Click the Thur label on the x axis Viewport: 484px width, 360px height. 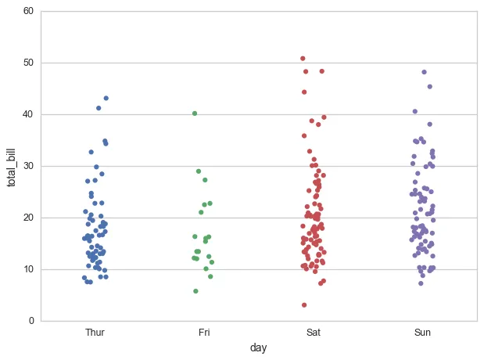pos(95,333)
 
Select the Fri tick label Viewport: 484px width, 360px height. pos(204,333)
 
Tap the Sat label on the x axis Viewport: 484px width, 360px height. pos(314,333)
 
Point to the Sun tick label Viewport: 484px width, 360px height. pos(422,333)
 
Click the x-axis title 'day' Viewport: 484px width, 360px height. pos(259,347)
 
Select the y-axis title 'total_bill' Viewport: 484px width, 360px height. pos(12,166)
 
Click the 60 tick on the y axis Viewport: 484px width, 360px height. pos(28,11)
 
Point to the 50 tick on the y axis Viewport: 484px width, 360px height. pos(28,63)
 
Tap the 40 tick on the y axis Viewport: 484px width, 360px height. pos(28,114)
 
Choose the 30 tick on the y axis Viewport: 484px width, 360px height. pos(28,166)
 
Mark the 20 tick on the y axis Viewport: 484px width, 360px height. pos(28,218)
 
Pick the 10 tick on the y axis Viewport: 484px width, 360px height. pos(28,269)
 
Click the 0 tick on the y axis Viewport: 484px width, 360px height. pos(31,321)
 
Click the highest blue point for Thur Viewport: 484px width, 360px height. pos(106,99)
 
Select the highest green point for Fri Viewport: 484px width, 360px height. pos(195,113)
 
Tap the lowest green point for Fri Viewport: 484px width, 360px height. pos(195,291)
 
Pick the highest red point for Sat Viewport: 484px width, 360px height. pos(303,59)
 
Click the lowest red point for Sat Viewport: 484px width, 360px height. pos(304,305)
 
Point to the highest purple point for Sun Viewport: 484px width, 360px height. pos(424,72)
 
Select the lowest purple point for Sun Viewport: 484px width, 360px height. pos(421,283)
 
